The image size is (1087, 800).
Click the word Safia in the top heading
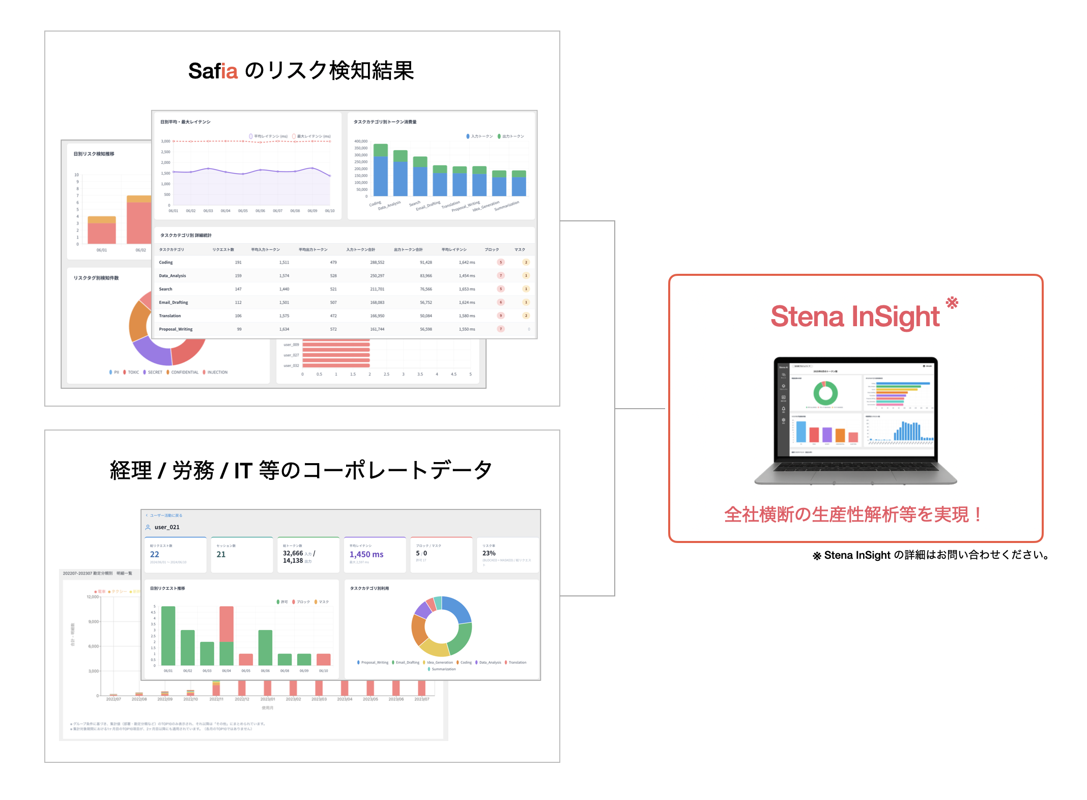213,71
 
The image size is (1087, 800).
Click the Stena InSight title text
854,317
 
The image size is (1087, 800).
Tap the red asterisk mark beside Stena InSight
952,303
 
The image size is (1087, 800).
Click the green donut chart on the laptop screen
825,393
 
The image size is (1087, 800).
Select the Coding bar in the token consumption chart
381,171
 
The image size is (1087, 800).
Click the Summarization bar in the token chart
519,184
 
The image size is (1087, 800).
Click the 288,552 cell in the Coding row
377,263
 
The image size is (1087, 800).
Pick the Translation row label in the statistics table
169,316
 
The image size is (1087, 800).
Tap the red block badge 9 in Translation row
501,316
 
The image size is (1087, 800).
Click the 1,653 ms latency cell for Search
467,289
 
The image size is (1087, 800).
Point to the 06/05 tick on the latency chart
243,211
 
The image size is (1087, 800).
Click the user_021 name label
167,527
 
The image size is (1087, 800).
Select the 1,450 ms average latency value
366,554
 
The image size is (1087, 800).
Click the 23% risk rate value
489,553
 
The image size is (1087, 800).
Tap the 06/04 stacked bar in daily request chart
226,636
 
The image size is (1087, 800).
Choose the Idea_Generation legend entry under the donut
439,663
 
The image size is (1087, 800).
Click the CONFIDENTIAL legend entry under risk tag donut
184,373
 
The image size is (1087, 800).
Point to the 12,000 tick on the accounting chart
93,597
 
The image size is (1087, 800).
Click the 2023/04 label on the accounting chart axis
345,699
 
